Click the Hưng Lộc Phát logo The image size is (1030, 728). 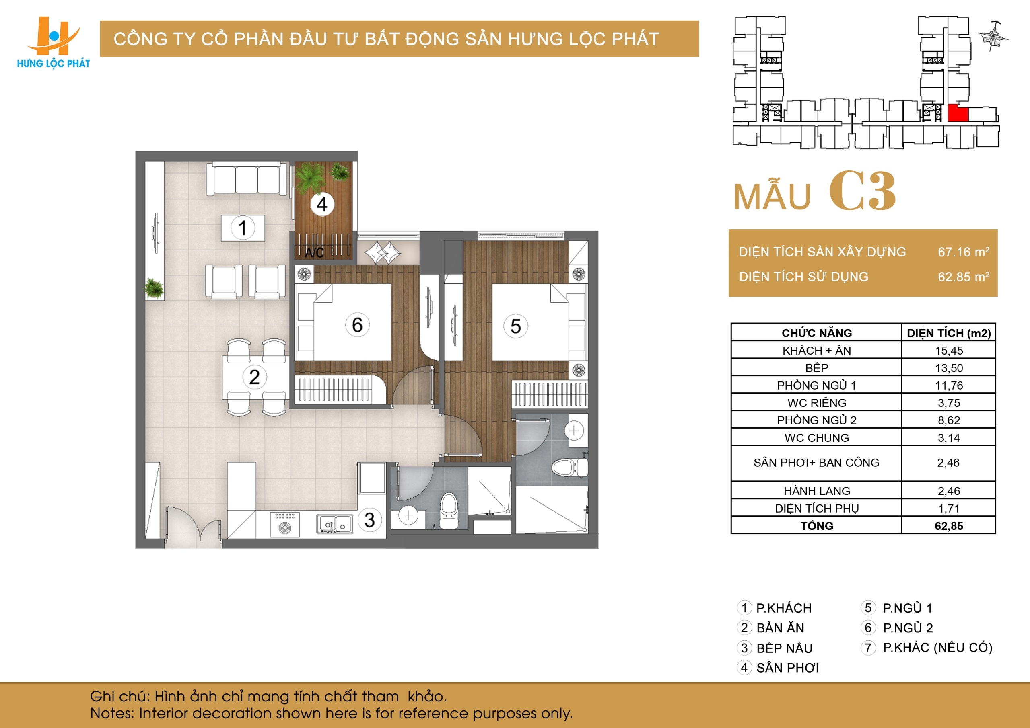[54, 43]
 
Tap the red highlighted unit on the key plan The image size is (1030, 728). [957, 113]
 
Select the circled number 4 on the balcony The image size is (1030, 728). [322, 205]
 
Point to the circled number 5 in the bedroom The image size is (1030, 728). [515, 326]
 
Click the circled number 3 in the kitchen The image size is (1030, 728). [370, 519]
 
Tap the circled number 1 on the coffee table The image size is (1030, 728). [243, 228]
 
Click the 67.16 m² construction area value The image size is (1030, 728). [964, 252]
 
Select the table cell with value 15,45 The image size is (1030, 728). [948, 350]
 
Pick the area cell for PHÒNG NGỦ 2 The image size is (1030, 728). [948, 420]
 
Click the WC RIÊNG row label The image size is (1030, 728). [816, 402]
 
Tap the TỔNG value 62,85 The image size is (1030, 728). [949, 525]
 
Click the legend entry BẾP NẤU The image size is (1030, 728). [775, 648]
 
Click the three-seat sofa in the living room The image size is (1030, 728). [246, 178]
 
